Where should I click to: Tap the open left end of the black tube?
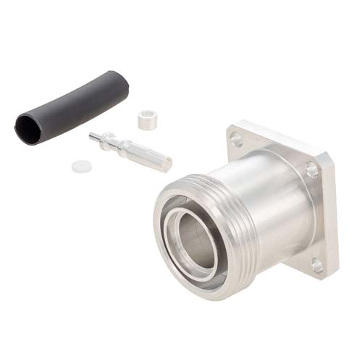click(x=28, y=129)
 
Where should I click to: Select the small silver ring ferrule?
click(x=148, y=119)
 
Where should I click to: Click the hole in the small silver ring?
click(x=147, y=115)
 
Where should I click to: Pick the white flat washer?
click(x=81, y=166)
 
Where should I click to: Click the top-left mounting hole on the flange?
click(x=237, y=139)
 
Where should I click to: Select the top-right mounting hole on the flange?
click(x=311, y=171)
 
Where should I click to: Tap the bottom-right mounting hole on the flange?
click(x=317, y=266)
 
